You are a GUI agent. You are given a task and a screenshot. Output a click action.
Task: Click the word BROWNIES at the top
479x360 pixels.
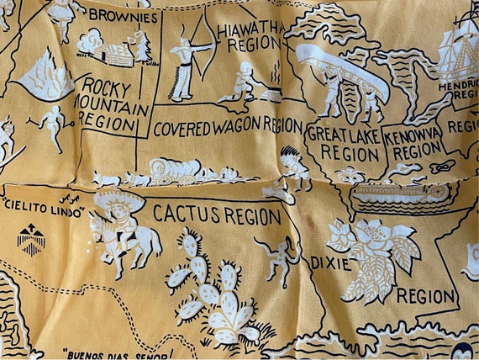coord(124,15)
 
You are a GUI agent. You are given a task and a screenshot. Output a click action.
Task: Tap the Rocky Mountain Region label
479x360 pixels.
coord(113,104)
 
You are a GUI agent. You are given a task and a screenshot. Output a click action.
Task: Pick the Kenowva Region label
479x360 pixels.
coord(412,143)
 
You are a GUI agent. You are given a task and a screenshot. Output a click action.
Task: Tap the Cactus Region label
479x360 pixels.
coord(217,214)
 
